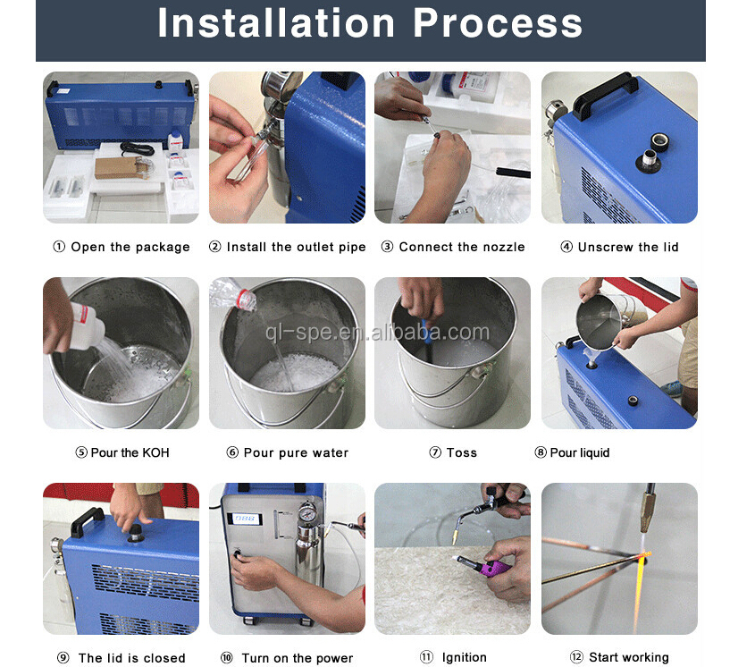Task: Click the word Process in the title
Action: point(498,23)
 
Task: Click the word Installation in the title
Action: point(276,23)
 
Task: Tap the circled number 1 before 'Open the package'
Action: point(59,247)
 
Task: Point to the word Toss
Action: point(461,452)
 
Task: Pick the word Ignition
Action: point(465,657)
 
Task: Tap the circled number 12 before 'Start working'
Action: point(576,657)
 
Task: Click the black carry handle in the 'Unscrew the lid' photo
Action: point(605,95)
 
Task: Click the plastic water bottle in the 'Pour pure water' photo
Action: point(233,293)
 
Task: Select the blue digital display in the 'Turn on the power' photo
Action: point(246,519)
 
